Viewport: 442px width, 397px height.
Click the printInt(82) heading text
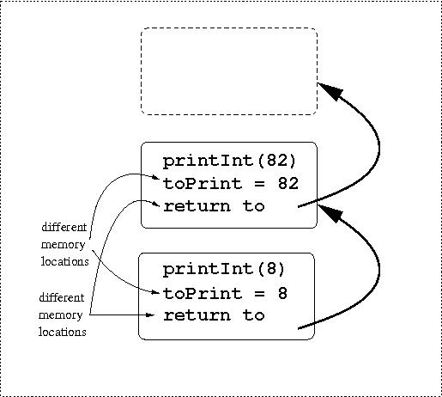click(229, 162)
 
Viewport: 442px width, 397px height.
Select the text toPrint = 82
click(231, 184)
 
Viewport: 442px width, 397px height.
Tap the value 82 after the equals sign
click(288, 184)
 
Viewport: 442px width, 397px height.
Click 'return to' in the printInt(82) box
click(214, 206)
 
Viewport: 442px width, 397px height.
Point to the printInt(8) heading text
click(224, 270)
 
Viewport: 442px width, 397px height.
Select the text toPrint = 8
click(225, 294)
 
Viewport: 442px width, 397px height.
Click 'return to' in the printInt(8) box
click(214, 315)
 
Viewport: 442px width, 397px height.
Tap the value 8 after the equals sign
click(282, 293)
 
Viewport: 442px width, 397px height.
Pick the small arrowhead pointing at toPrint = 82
click(156, 178)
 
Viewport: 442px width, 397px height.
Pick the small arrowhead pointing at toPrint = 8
click(155, 293)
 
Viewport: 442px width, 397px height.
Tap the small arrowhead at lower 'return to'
click(150, 315)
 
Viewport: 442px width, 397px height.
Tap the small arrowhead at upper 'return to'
click(156, 205)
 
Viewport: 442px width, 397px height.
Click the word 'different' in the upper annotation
click(64, 227)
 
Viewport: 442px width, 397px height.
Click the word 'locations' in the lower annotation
click(63, 332)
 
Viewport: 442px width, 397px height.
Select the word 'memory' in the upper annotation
click(64, 245)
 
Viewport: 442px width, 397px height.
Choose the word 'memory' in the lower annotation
click(61, 315)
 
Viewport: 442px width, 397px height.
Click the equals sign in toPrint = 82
click(259, 184)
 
